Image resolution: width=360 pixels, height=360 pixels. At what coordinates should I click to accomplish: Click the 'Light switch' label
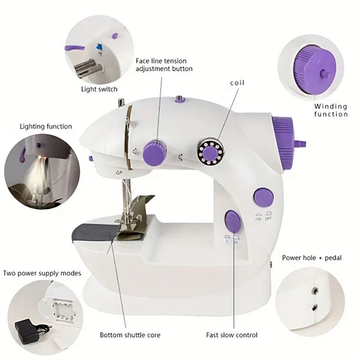click(x=99, y=89)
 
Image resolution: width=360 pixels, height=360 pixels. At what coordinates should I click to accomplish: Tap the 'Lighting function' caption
click(x=45, y=126)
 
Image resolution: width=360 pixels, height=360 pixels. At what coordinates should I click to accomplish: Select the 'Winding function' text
click(x=330, y=110)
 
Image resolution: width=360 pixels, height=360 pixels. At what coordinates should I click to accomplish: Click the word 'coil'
click(x=237, y=83)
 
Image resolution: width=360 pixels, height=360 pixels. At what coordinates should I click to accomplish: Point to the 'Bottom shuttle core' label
click(x=130, y=335)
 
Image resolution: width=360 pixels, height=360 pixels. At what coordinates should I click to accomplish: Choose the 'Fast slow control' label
click(x=232, y=335)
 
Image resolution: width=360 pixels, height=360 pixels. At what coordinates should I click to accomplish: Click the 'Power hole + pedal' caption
click(x=312, y=258)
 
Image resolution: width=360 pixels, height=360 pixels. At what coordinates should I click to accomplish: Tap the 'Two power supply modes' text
click(x=42, y=273)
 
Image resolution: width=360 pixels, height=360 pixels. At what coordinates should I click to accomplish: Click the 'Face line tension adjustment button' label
click(x=164, y=65)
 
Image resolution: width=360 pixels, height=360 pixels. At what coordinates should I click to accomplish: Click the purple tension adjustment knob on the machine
click(x=155, y=153)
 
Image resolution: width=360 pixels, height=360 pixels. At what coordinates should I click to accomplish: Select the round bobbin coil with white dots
click(x=211, y=151)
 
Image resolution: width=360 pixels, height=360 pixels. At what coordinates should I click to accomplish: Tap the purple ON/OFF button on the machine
click(x=264, y=197)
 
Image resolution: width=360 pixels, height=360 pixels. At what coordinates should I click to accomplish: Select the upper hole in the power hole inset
click(x=315, y=291)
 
